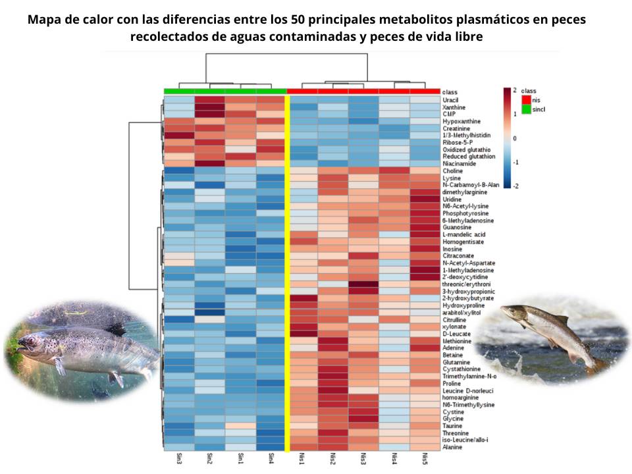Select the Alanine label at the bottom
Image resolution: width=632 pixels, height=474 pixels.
452,448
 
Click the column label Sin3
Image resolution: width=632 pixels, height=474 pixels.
179,459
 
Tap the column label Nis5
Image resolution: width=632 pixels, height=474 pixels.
425,459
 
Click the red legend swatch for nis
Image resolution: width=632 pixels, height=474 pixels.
526,99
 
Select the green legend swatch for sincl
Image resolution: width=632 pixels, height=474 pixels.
526,109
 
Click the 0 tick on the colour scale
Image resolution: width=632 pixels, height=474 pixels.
515,138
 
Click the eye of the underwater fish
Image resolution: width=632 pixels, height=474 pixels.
27,342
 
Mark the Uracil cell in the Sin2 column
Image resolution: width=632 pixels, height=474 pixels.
209,100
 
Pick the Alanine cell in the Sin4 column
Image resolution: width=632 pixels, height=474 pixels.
271,448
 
